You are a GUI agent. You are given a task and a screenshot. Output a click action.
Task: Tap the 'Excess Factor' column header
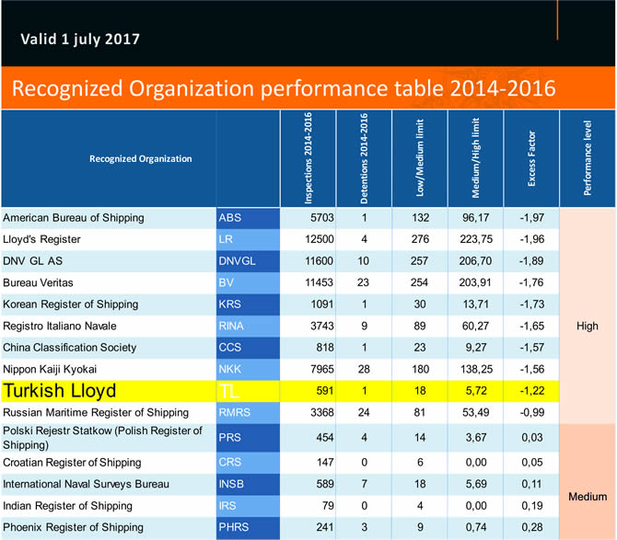[x=532, y=158]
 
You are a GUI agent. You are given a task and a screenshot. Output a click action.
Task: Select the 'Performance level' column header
[x=588, y=158]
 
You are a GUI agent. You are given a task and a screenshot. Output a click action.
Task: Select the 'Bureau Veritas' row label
[x=38, y=282]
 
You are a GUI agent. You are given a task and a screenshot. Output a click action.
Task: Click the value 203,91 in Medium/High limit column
[x=475, y=282]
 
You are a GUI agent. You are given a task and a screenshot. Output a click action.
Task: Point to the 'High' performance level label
[x=587, y=326]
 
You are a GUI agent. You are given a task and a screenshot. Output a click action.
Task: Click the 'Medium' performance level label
[x=586, y=497]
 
